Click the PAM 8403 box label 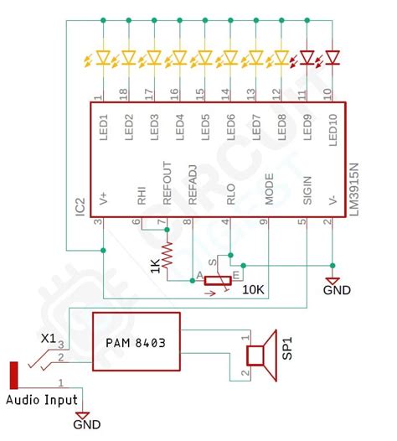(x=136, y=342)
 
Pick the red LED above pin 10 (x=333, y=58)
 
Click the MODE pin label (x=269, y=188)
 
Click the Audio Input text (x=42, y=400)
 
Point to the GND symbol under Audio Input (x=81, y=416)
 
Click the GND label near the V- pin (x=338, y=291)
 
